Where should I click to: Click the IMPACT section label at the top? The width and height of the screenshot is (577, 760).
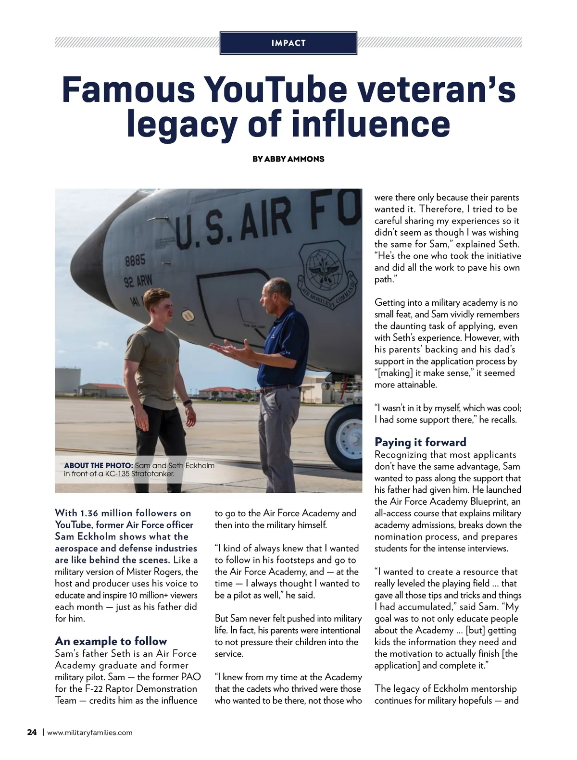288,43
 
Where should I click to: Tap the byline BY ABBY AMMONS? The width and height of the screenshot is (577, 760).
288,159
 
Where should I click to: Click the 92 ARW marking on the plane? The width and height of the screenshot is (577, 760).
138,282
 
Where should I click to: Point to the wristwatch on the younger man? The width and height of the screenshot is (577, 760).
188,401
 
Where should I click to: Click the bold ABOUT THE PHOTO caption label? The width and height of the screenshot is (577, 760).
98,466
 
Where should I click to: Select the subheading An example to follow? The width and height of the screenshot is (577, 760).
111,641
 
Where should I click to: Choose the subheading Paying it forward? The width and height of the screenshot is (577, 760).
420,442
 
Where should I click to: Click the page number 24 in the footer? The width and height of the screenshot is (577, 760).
32,733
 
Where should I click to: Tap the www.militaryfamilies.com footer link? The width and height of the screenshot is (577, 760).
89,733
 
